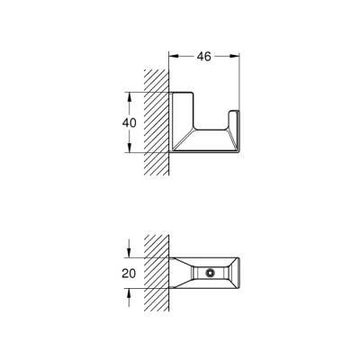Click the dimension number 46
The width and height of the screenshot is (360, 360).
203,56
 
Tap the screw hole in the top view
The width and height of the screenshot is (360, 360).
210,273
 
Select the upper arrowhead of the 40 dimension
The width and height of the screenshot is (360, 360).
132,94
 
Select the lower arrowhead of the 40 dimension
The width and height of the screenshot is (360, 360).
132,149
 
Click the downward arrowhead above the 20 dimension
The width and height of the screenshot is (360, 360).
132,256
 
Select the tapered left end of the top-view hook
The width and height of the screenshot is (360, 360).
178,273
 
